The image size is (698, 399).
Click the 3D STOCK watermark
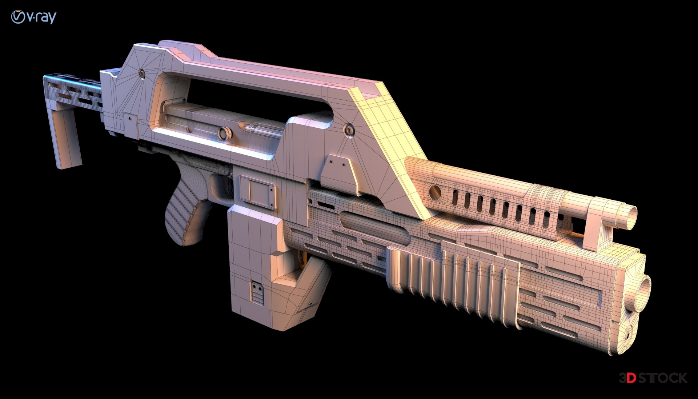[653, 378]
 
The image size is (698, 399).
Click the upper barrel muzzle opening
[632, 216]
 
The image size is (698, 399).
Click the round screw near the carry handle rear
[141, 74]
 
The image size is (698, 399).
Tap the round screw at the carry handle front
[349, 129]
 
